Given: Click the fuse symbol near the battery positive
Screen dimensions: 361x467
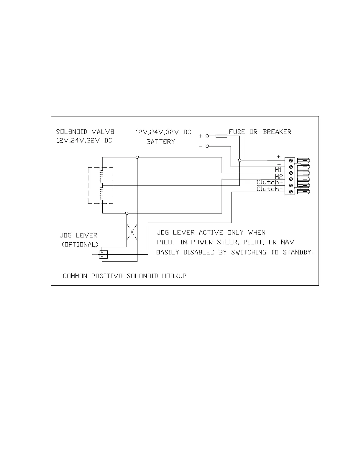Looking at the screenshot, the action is [221, 136].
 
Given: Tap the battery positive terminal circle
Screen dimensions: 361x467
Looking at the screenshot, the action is [207, 136].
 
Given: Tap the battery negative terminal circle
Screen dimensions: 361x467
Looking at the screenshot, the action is [207, 146].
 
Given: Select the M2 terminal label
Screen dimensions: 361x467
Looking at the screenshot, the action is [279, 177].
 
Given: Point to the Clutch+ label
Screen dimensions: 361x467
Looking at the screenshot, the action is [270, 182].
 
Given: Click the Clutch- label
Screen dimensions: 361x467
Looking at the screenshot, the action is [270, 189].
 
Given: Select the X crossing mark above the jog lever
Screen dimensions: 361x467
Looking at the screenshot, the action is [132, 232].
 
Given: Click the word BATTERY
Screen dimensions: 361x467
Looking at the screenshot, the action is [161, 142].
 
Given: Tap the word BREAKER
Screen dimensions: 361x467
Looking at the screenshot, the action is [277, 132].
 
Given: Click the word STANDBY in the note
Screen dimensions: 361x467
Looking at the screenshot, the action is [297, 253].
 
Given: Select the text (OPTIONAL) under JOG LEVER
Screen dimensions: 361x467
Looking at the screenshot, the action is [80, 245].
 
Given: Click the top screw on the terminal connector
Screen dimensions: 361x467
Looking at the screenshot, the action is [291, 160].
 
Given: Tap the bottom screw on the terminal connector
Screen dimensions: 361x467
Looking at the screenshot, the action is [291, 192].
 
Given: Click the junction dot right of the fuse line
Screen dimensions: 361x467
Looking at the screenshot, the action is [239, 160].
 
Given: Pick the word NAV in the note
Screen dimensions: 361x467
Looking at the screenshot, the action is [287, 242].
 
